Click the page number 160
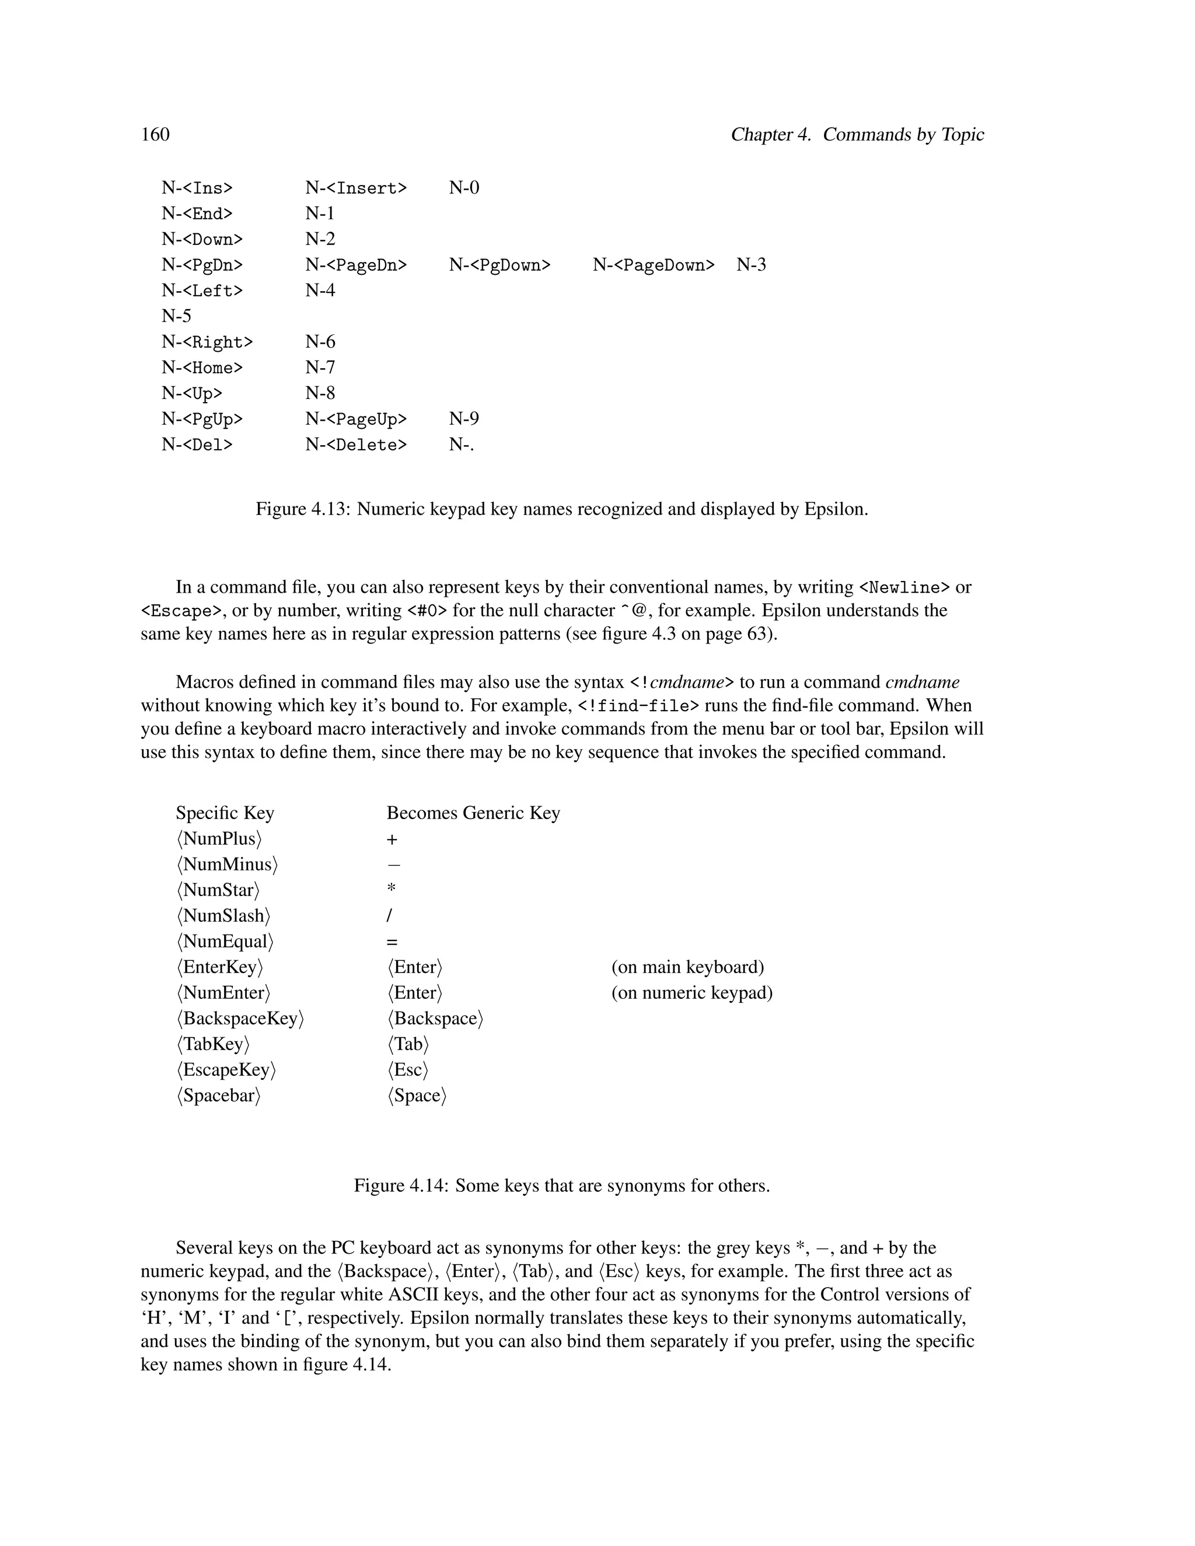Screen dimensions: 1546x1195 pos(155,135)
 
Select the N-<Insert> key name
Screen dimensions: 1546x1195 pos(356,188)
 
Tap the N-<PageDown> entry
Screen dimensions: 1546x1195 pos(654,265)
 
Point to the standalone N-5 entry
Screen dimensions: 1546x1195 pos(176,316)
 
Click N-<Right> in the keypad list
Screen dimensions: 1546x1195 pos(207,342)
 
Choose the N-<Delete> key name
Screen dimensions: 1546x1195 pos(356,445)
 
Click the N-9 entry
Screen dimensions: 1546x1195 pos(464,419)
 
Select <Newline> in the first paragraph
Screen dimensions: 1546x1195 pos(904,587)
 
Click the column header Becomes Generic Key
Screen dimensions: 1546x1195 pos(473,813)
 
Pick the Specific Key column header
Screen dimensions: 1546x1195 pos(225,813)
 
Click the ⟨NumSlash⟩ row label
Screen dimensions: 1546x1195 pos(223,916)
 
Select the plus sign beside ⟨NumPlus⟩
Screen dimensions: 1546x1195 pos(392,840)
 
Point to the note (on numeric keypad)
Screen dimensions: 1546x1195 pos(691,992)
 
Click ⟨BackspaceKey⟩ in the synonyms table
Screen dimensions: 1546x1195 pos(240,1019)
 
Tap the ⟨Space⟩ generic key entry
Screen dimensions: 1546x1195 pos(417,1096)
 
